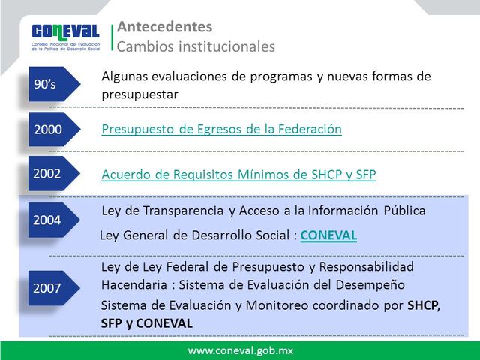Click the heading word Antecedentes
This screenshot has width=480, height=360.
pyautogui.click(x=164, y=27)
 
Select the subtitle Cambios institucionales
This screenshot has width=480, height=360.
pyautogui.click(x=196, y=46)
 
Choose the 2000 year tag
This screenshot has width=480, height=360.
pyautogui.click(x=49, y=129)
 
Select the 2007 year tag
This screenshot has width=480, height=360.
pyautogui.click(x=49, y=287)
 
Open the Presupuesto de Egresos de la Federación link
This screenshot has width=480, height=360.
pyautogui.click(x=221, y=130)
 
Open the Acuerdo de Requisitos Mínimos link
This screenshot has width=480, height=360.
pyautogui.click(x=238, y=175)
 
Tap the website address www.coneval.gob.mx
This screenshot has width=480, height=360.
pyautogui.click(x=240, y=350)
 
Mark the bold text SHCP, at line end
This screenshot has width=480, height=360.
pyautogui.click(x=424, y=306)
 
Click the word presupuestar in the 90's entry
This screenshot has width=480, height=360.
pyautogui.click(x=139, y=94)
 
